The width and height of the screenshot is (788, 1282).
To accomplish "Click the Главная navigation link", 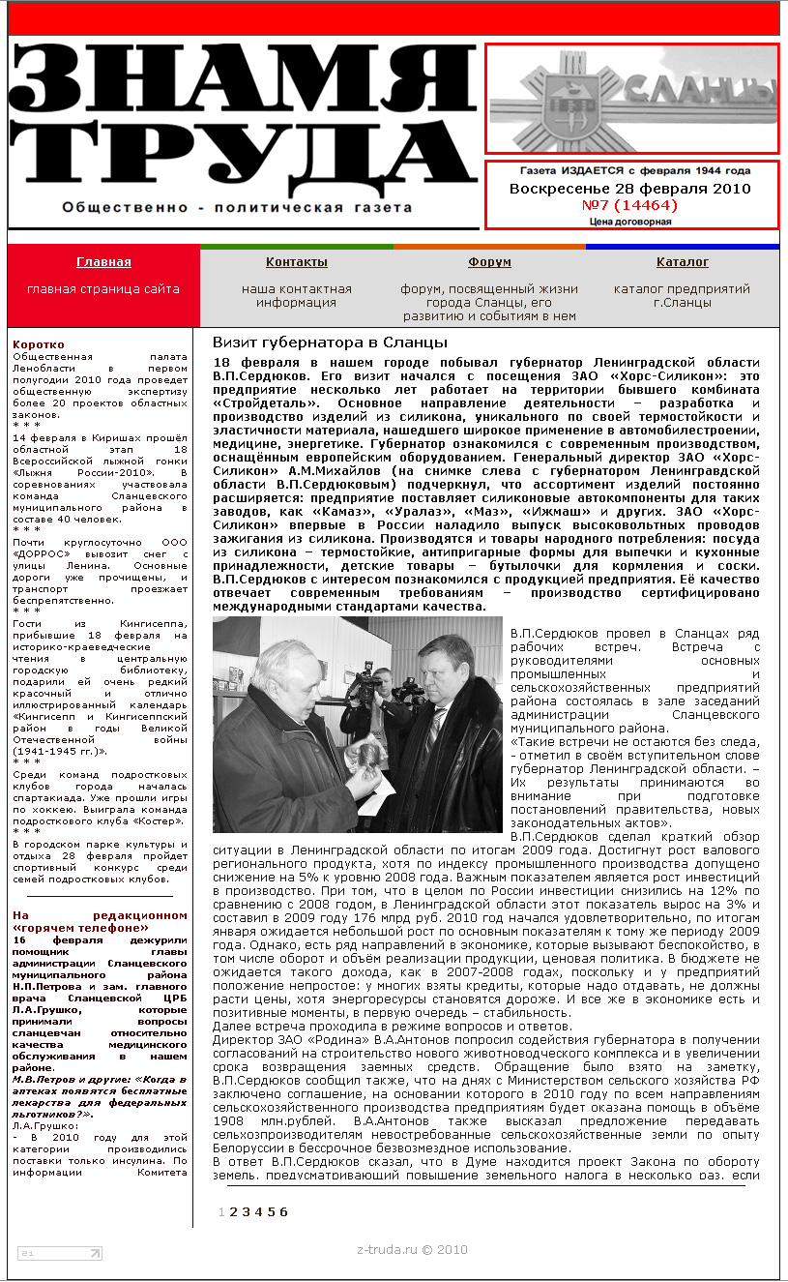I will click(x=103, y=262).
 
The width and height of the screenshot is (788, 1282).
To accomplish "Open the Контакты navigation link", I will click(x=296, y=262).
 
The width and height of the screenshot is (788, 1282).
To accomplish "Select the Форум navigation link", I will click(x=489, y=262).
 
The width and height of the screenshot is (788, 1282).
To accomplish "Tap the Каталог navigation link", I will click(x=682, y=262).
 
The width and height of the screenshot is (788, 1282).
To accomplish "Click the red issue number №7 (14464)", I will click(x=629, y=205).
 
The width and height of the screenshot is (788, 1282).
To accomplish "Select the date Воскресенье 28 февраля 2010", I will click(x=630, y=189).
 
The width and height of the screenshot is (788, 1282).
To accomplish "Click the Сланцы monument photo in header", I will click(x=632, y=99).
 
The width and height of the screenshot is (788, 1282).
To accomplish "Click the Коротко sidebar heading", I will click(x=39, y=344).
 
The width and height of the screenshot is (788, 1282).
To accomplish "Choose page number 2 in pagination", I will click(x=233, y=1211).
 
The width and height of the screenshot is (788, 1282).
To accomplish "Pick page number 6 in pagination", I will click(x=283, y=1211).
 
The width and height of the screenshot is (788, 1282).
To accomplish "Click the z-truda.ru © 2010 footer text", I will click(x=412, y=1249).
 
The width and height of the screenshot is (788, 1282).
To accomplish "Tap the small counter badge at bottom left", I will click(x=59, y=1254).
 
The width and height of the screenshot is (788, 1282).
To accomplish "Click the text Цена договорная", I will click(x=630, y=222).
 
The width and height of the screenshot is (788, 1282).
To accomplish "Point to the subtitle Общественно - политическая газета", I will click(x=237, y=207).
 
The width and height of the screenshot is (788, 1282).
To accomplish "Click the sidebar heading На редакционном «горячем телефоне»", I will click(x=100, y=921).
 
